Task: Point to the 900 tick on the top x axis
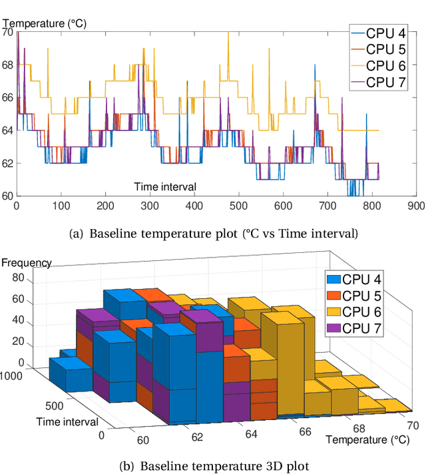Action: [x=417, y=206]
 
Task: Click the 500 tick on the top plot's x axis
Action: [x=238, y=206]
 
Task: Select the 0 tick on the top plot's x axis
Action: [x=17, y=206]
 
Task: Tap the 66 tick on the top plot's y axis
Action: [x=7, y=97]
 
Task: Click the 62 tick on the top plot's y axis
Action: [x=7, y=163]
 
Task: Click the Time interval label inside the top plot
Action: [x=165, y=186]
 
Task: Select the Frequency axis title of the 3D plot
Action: [x=26, y=262]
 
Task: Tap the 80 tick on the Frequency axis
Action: [x=18, y=278]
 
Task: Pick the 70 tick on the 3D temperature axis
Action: [x=412, y=425]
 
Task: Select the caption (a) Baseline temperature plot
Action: [x=213, y=233]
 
